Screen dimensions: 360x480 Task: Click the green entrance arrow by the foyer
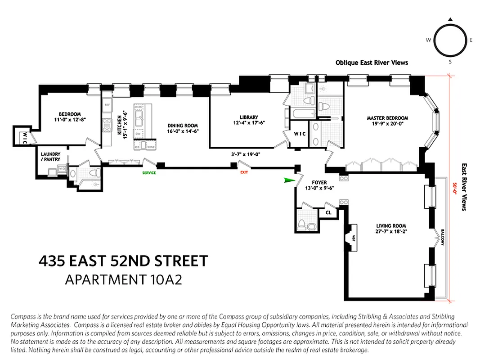click(290, 180)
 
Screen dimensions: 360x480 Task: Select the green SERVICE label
click(149, 173)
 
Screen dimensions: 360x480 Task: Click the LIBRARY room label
click(249, 117)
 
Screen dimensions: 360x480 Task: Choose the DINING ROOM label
click(183, 126)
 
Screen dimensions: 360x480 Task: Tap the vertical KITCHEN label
click(119, 125)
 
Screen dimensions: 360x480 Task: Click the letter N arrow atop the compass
click(449, 19)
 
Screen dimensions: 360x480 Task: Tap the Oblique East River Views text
click(372, 63)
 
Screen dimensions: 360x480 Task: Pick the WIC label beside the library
click(300, 134)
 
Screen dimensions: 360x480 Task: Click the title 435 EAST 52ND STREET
click(123, 261)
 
